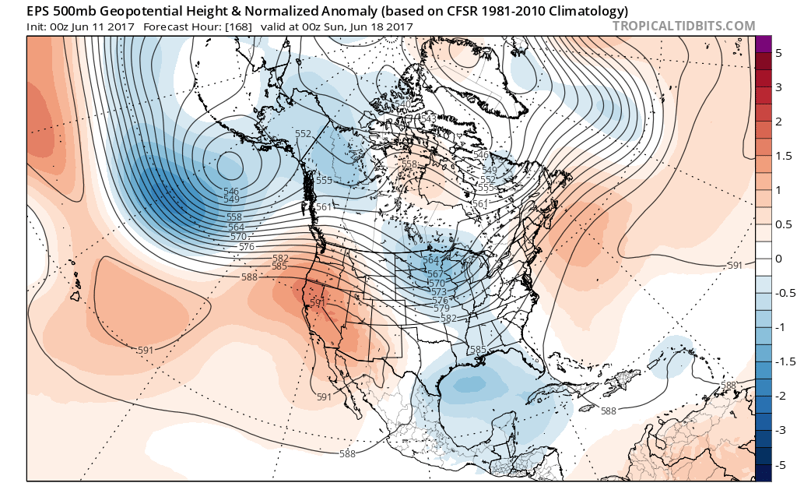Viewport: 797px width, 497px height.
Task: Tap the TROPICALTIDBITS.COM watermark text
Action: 683,26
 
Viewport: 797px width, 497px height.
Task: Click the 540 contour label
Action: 402,104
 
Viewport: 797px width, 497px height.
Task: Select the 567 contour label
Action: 436,274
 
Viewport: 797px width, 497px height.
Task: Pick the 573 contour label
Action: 438,291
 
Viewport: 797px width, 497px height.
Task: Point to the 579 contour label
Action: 441,309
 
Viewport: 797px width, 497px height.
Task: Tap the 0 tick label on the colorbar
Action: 778,259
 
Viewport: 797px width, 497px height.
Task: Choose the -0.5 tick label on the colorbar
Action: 783,293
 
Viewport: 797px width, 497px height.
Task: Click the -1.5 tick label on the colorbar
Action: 783,361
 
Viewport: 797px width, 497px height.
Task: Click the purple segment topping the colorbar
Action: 763,44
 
